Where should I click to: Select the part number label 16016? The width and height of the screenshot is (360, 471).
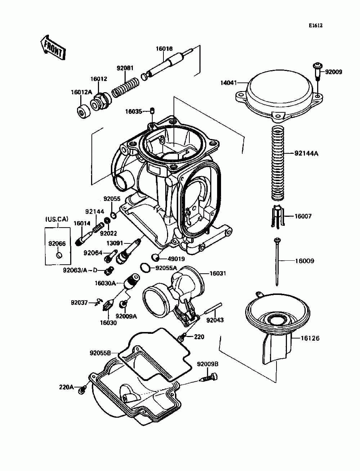[x=164, y=49]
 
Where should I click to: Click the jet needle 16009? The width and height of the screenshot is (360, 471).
[x=277, y=262]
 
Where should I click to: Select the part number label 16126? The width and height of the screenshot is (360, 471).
[x=310, y=338]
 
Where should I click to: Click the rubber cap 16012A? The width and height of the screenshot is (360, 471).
[x=84, y=111]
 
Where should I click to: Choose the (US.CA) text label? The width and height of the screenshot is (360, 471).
[x=57, y=219]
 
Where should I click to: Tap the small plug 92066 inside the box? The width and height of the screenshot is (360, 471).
[x=58, y=255]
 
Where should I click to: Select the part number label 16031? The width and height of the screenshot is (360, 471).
[x=218, y=273]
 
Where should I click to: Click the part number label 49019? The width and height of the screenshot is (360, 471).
[x=176, y=259]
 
